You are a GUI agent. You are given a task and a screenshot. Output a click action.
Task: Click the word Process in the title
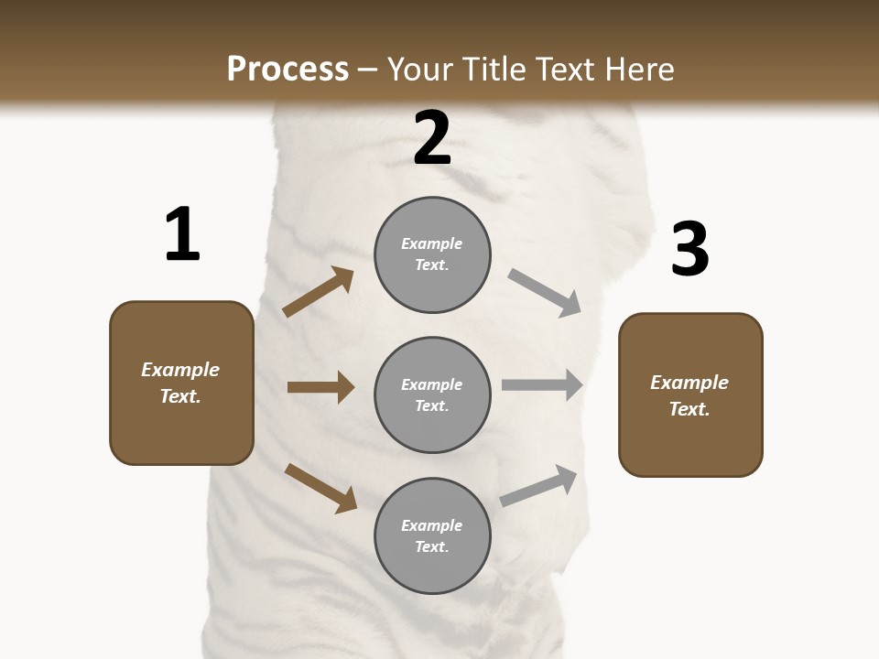point(288,70)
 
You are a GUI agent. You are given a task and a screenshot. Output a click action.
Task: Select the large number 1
point(181,235)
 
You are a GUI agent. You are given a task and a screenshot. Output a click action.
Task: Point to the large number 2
point(432,138)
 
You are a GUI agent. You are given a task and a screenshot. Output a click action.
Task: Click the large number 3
point(689,250)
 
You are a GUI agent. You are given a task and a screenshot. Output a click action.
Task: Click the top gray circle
point(432,254)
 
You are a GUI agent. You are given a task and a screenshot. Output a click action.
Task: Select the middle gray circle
point(432,394)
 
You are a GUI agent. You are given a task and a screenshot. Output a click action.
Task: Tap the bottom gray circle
point(432,535)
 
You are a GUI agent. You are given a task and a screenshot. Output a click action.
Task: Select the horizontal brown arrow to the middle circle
point(320,387)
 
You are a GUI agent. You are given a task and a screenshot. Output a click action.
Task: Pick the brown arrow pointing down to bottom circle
point(320,488)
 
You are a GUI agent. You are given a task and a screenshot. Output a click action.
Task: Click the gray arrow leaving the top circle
point(545,293)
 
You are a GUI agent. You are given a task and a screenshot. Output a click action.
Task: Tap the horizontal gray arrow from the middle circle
point(542,385)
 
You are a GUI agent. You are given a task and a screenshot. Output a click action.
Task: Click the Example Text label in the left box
point(180,383)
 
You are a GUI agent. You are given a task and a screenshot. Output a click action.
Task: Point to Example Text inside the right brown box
point(689,395)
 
